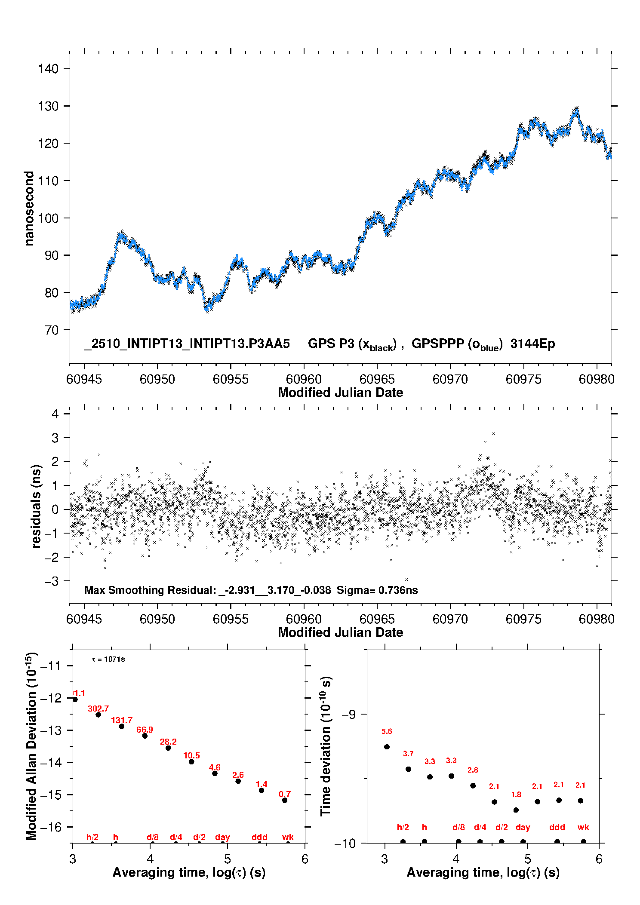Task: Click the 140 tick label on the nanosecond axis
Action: point(48,69)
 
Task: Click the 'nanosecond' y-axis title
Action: point(29,209)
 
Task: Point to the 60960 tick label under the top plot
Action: point(304,379)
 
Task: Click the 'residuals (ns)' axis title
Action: point(36,506)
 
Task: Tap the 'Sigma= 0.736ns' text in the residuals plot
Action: point(377,590)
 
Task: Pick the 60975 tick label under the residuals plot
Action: point(523,619)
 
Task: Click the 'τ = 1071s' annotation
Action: point(108,660)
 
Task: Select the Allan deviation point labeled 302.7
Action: point(98,715)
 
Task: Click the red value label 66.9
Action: point(145,730)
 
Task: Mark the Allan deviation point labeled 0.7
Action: point(285,800)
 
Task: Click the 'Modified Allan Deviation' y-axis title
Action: point(31,746)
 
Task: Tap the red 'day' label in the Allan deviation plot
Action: point(222,837)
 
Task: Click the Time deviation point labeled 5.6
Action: point(387,747)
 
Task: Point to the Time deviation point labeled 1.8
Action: point(516,810)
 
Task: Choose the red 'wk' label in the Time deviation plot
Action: point(583,827)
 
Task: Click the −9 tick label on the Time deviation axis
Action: point(349,714)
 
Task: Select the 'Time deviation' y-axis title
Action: point(326,746)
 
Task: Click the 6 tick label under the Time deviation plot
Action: point(599,859)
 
